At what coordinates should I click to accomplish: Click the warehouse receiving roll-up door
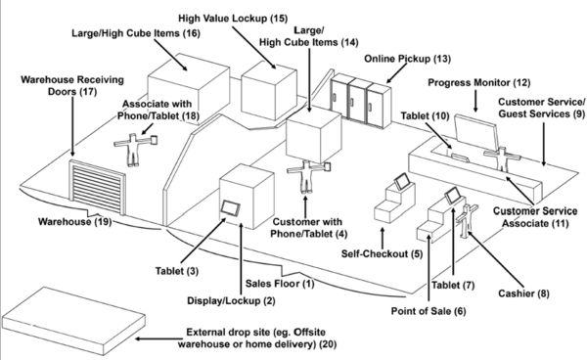pos(98,187)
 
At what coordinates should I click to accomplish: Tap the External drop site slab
pos(73,321)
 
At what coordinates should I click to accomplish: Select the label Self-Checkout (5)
pos(382,254)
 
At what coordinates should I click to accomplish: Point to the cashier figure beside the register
pos(466,220)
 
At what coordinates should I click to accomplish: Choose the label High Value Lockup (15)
pos(233,19)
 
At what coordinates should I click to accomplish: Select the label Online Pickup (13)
pos(407,59)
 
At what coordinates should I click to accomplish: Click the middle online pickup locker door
pos(357,101)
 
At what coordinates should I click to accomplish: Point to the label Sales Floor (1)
pos(280,284)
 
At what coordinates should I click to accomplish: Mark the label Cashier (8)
pos(523,293)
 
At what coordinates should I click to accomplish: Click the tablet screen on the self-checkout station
pos(401,182)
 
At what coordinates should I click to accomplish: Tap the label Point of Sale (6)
pos(429,311)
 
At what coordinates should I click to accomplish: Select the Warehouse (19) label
pos(75,221)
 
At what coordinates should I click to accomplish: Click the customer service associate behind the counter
pos(502,158)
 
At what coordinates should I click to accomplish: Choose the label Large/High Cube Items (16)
pos(136,33)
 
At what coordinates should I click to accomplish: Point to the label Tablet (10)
pos(425,116)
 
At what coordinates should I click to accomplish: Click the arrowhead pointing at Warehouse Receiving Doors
pos(72,153)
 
